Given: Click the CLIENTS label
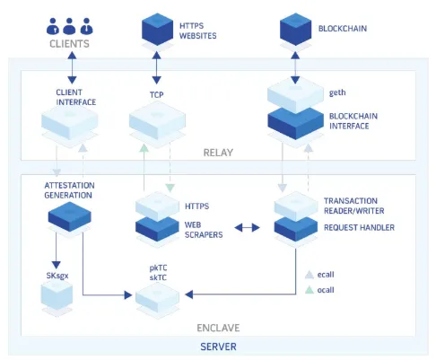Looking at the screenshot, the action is tap(69, 44).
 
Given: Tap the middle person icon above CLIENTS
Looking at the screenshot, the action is tap(69, 26).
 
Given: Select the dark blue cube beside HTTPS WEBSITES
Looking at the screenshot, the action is tap(157, 29).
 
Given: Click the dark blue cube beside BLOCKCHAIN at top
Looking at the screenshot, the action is tap(295, 29).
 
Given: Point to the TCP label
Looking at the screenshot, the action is tap(157, 95).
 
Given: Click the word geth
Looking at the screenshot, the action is tap(337, 92).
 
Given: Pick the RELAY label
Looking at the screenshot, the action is tap(218, 153).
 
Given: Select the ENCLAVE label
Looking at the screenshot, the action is tap(218, 328).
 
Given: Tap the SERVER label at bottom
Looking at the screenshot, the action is tap(218, 347).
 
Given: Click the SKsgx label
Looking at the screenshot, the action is tap(57, 276).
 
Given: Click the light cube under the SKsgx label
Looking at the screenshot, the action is tap(57, 294).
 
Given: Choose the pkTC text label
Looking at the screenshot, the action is tap(158, 268).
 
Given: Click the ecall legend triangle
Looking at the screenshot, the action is tap(310, 275).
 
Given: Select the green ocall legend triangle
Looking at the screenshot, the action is tap(310, 290).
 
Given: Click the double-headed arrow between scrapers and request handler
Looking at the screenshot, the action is tap(247, 228).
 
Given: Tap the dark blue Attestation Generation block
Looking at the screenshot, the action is tap(70, 216).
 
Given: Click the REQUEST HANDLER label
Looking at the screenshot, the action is tap(359, 228).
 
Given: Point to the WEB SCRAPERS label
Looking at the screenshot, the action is tap(204, 230).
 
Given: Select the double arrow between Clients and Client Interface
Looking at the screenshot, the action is tap(72, 67).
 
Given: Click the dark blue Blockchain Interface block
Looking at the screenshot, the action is tap(295, 123).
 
